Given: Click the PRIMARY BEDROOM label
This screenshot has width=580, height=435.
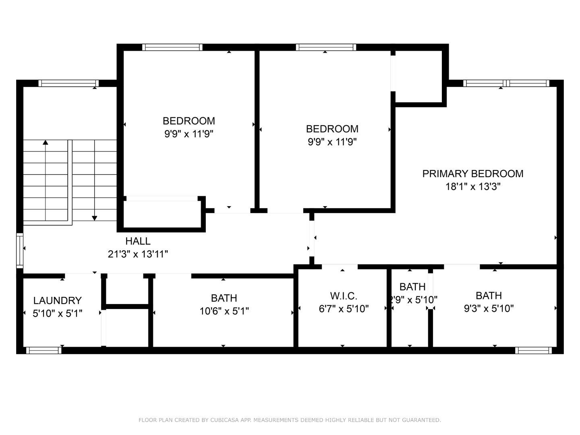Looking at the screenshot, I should tap(472, 174).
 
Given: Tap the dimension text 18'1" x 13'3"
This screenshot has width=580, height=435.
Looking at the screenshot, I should tap(472, 186).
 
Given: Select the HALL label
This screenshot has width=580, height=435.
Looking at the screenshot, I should tap(138, 241).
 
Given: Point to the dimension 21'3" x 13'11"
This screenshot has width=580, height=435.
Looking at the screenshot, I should tap(138, 254).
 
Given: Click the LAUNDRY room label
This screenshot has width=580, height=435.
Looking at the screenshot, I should tap(57, 300).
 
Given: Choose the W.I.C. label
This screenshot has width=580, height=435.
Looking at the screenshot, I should tap(344, 296).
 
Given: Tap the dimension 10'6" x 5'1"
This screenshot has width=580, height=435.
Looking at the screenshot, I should tap(224, 311).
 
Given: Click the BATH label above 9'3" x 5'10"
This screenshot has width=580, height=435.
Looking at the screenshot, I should tap(489, 296).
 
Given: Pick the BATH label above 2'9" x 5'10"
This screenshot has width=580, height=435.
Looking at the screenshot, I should tap(412, 287).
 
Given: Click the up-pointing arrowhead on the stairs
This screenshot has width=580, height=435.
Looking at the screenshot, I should tap(46, 143).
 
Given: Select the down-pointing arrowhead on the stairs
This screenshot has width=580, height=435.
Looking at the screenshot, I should tap(95, 218).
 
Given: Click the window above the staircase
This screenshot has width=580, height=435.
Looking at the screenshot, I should tap(68, 83).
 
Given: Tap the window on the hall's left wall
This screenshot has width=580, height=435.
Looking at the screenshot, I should tap(19, 250).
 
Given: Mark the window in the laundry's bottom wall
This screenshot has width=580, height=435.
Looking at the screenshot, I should tap(43, 350).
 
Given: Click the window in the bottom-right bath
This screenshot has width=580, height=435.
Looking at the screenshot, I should tap(533, 350).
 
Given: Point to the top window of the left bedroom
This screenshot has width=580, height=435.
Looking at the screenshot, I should tap(172, 48).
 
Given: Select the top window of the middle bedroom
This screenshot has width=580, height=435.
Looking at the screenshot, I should tap(326, 48).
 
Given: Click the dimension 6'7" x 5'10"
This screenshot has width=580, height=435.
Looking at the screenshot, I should tap(344, 309).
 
